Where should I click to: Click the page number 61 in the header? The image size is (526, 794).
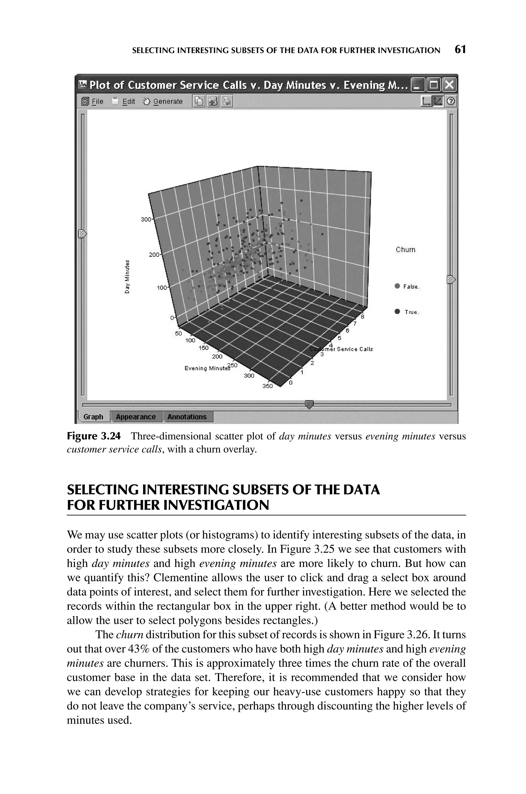click(460, 50)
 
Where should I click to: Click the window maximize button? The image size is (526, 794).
click(434, 85)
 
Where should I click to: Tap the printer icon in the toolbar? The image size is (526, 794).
click(227, 101)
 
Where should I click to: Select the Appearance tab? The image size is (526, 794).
click(136, 417)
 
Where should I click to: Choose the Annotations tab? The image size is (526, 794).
click(187, 417)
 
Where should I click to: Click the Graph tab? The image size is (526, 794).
click(93, 417)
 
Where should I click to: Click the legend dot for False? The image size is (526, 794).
click(398, 286)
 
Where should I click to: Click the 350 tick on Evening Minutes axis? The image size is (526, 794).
click(267, 386)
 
